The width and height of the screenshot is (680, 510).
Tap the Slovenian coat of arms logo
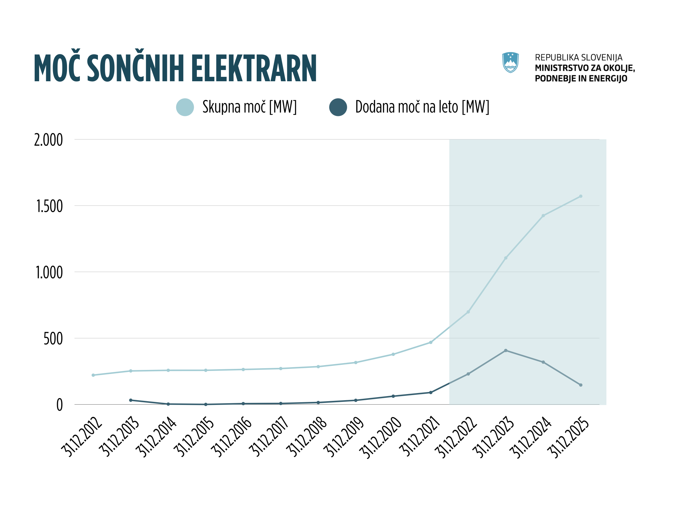(x=510, y=62)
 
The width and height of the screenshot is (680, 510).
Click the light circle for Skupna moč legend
(x=185, y=107)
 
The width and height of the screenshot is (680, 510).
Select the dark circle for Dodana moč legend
(x=338, y=107)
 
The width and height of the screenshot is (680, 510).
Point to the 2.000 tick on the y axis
(x=49, y=140)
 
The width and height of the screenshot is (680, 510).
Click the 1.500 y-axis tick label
(x=49, y=206)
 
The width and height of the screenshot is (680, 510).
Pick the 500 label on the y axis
(x=53, y=339)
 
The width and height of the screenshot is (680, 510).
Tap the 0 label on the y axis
(x=60, y=405)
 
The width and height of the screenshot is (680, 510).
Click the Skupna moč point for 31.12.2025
(x=581, y=196)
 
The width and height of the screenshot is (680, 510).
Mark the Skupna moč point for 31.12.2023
(x=506, y=258)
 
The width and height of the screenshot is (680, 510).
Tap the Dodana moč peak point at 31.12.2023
(x=506, y=351)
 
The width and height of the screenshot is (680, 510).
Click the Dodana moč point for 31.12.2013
(x=131, y=400)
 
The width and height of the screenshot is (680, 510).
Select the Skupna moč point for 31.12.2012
(x=93, y=375)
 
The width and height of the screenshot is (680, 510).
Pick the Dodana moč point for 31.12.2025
(x=581, y=385)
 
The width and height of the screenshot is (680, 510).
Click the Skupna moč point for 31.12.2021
(x=431, y=342)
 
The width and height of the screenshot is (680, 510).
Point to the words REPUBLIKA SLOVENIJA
(x=579, y=57)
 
